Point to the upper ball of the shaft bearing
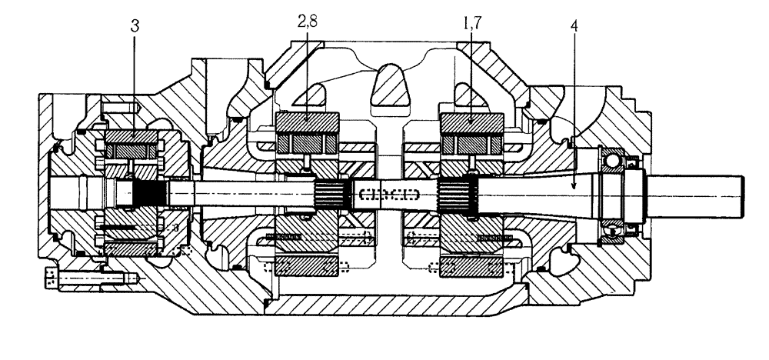click(x=615, y=159)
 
